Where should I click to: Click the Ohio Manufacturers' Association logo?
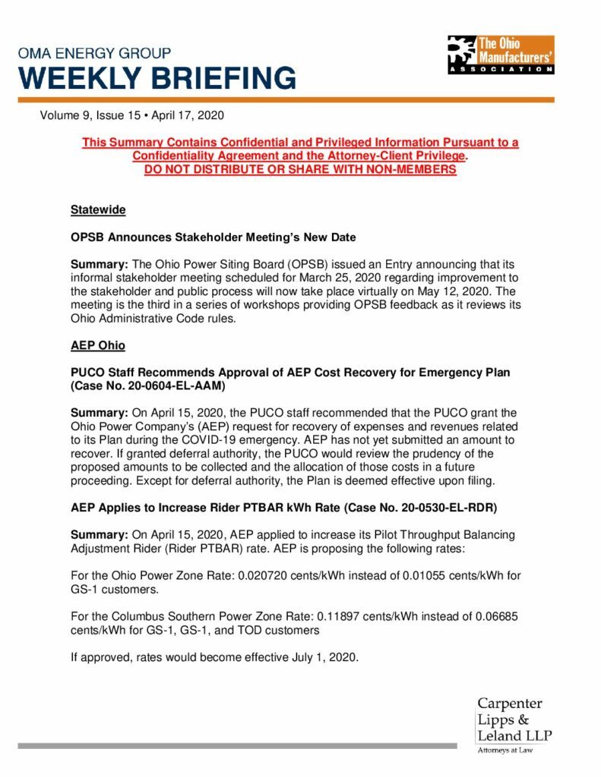(500, 55)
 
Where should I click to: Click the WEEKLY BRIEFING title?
(157, 79)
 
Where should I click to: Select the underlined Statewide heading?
(98, 209)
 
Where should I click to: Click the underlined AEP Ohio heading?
(98, 344)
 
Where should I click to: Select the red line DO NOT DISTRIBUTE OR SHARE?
(300, 170)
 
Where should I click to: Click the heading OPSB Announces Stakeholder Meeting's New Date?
(214, 237)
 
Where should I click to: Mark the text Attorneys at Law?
(505, 750)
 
